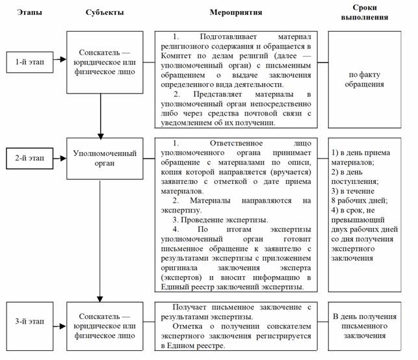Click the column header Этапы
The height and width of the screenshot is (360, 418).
click(28, 12)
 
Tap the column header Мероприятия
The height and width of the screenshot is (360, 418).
click(236, 12)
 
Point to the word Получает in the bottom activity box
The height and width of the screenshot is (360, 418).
click(190, 307)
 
